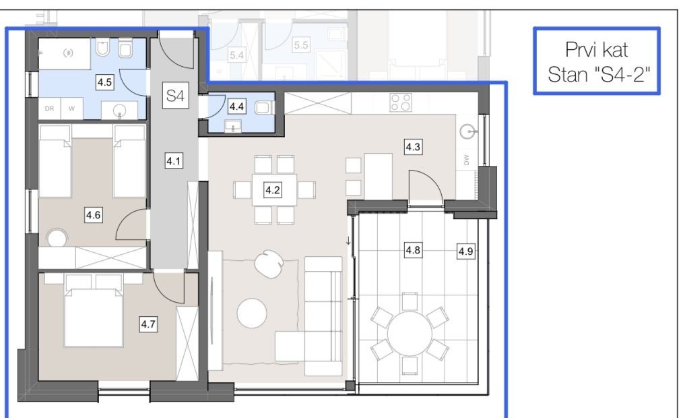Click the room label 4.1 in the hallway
click(x=173, y=161)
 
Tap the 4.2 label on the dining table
click(x=273, y=190)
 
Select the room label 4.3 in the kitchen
click(x=413, y=147)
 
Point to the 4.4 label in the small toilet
click(x=236, y=107)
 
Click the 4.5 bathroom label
click(x=104, y=82)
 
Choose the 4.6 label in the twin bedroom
click(x=93, y=215)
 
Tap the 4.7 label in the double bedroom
click(x=148, y=324)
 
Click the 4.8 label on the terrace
click(x=413, y=250)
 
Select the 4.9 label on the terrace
click(x=465, y=251)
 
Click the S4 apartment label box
click(x=175, y=95)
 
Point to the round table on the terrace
click(x=410, y=334)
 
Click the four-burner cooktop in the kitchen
click(x=401, y=103)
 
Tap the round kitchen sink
click(x=468, y=131)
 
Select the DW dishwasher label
click(x=467, y=160)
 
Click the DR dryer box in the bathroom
click(x=49, y=109)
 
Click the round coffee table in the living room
click(x=252, y=313)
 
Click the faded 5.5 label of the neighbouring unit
click(x=301, y=45)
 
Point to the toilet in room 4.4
click(x=263, y=107)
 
